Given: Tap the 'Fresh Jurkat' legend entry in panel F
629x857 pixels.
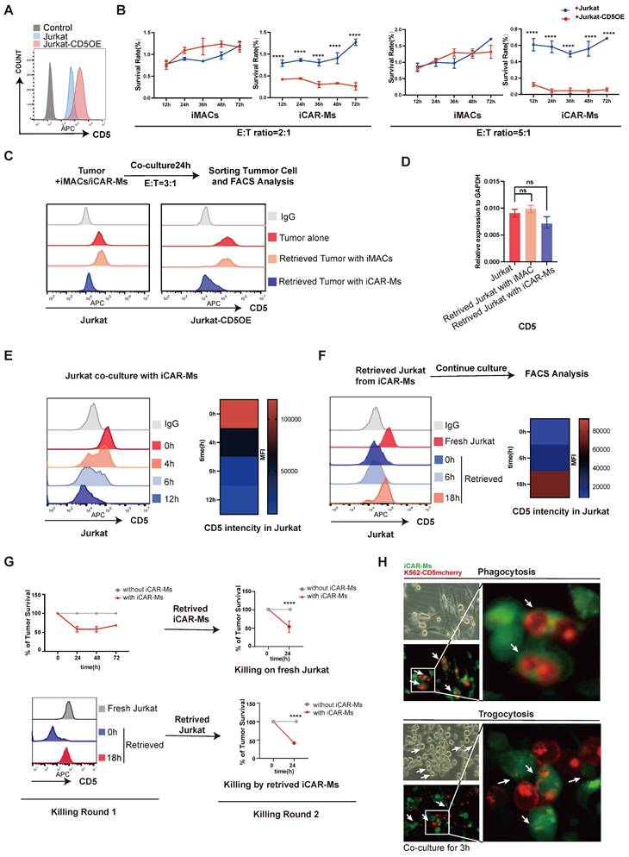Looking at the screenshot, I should coord(470,440).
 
